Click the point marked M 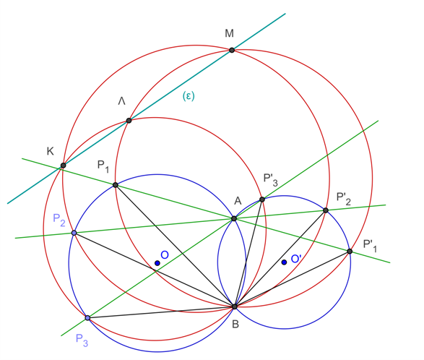click(232, 50)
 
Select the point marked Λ click(129, 121)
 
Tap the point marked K click(64, 166)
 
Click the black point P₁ click(115, 185)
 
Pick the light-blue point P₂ click(74, 233)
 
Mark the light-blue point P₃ click(87, 318)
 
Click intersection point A click(234, 218)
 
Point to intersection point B click(235, 307)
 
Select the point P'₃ click(262, 200)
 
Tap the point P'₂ click(326, 210)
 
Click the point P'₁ click(350, 252)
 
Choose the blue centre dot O click(157, 263)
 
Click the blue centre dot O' click(284, 262)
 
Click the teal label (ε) click(189, 96)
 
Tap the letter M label click(229, 33)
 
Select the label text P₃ click(82, 340)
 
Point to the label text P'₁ click(370, 246)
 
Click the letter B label click(235, 324)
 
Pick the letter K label click(51, 151)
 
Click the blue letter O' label click(296, 259)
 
